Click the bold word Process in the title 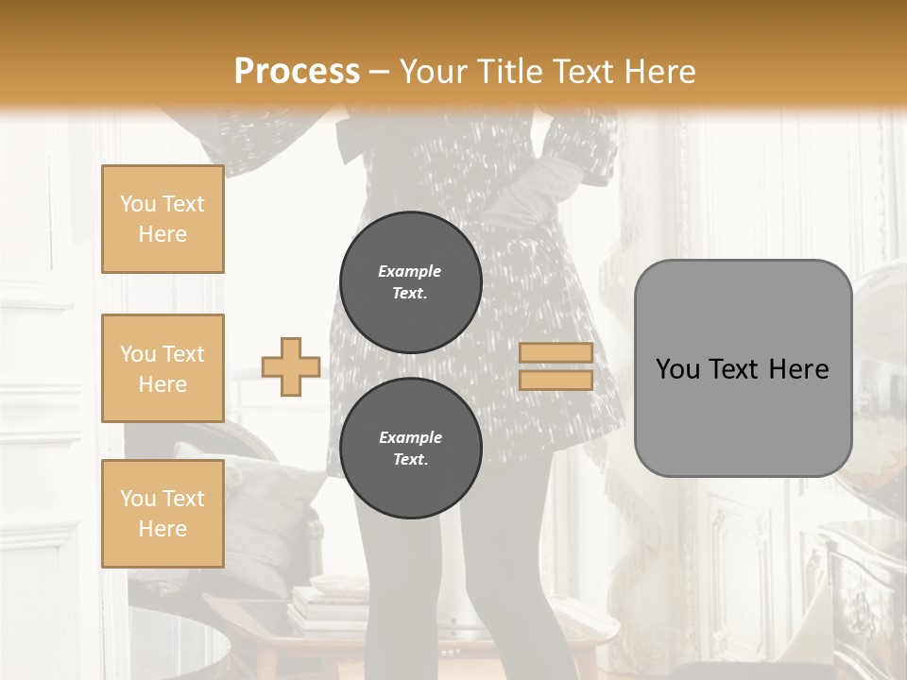click(x=297, y=71)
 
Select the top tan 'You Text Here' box click(x=163, y=219)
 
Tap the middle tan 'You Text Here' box click(x=163, y=368)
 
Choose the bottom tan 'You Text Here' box click(x=163, y=514)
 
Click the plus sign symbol click(x=291, y=366)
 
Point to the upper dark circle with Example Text click(x=411, y=282)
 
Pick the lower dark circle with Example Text click(x=411, y=449)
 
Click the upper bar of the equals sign click(x=556, y=352)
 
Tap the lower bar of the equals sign click(x=556, y=380)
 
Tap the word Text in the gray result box click(x=732, y=369)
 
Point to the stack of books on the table click(x=326, y=604)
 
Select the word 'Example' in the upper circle click(x=410, y=271)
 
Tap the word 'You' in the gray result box click(x=677, y=369)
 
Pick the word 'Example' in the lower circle click(x=410, y=437)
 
